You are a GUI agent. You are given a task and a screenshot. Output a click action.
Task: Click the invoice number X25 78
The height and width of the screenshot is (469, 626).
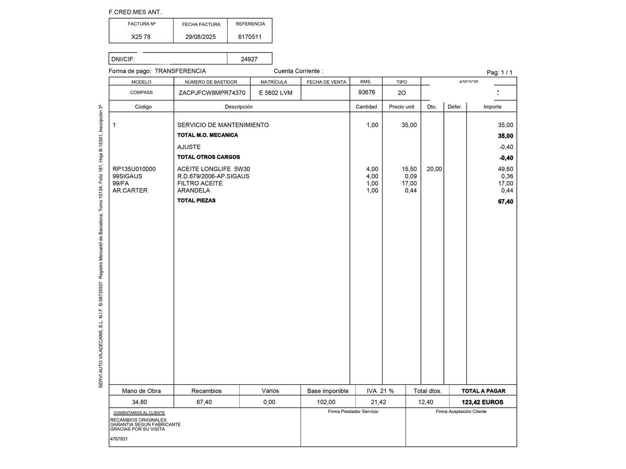click(141, 37)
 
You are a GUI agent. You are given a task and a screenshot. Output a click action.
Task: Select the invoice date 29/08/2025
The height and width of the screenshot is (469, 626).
click(200, 37)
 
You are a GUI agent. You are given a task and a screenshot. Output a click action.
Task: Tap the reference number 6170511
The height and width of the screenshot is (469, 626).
click(250, 37)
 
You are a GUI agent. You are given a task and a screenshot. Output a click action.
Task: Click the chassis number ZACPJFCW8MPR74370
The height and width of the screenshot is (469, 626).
click(212, 93)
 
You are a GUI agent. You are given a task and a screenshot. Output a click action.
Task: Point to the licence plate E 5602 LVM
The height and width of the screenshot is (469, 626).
click(276, 93)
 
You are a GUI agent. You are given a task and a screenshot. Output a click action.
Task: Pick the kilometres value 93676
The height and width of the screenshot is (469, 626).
click(366, 92)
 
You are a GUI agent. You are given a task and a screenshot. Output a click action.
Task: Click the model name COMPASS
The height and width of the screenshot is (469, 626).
click(141, 92)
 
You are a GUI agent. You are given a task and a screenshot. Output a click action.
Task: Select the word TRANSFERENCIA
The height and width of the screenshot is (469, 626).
click(180, 71)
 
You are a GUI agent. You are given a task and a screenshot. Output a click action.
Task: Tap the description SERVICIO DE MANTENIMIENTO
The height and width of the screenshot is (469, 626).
click(223, 125)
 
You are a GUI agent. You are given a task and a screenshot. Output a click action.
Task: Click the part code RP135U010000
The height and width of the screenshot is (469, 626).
click(134, 169)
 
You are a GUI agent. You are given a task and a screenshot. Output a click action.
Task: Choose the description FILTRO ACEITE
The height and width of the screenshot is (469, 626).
click(200, 183)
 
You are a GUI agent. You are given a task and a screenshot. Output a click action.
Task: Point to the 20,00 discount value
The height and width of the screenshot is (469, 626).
click(434, 169)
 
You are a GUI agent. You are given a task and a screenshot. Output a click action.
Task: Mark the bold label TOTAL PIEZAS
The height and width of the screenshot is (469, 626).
click(196, 201)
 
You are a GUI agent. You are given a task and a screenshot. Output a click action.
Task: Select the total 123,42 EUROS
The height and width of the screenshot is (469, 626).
click(483, 402)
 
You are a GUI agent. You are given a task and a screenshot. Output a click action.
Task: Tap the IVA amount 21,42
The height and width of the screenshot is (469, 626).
click(378, 402)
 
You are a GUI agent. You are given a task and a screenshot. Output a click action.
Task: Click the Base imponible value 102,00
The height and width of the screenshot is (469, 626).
click(326, 402)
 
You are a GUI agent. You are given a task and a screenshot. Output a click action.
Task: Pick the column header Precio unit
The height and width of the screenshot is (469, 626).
click(402, 107)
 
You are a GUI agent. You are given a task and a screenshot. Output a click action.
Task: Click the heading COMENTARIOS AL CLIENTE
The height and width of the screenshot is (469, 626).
click(139, 413)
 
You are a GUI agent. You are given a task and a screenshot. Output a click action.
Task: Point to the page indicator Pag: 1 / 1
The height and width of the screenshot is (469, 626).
click(499, 73)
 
